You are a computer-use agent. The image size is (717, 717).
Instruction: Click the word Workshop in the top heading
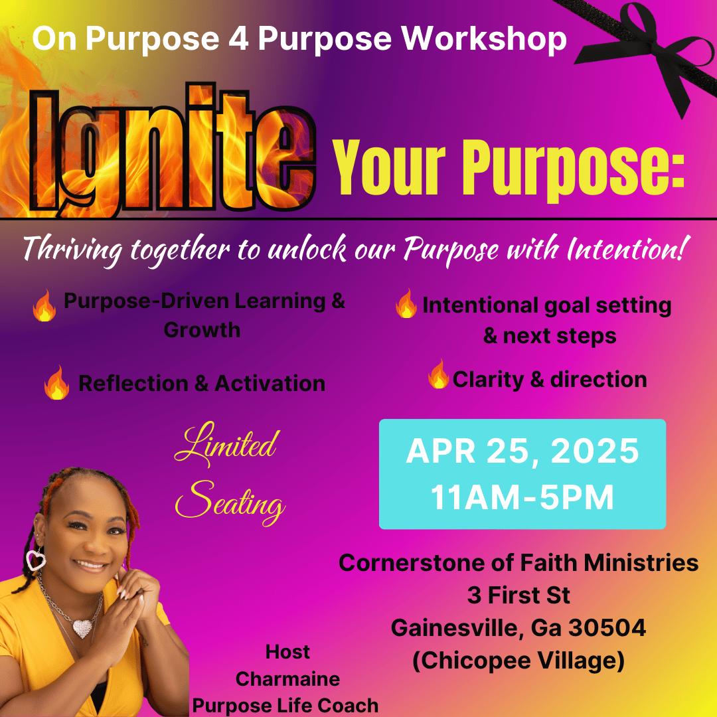pos(484,39)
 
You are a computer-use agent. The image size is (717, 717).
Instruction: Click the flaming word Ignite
pos(171,149)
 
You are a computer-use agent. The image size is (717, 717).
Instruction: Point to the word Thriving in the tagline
pos(72,250)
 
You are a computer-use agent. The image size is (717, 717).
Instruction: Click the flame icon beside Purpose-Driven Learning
pos(44,305)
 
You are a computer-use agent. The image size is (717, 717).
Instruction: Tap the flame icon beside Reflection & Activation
pos(56,382)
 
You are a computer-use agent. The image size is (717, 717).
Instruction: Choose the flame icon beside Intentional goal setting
pos(406,303)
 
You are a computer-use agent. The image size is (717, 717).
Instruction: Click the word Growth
pos(202,330)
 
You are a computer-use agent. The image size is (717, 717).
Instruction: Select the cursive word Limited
pos(226,443)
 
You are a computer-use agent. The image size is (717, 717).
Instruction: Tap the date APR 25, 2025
pos(522,451)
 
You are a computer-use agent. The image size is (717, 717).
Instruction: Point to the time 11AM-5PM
pos(522,497)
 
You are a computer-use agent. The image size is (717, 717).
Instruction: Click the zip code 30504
pos(607,628)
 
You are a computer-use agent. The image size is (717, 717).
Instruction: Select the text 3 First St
pos(518,596)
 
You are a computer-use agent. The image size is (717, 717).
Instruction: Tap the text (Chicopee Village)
pos(518,661)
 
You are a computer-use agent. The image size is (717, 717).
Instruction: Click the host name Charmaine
pos(287,679)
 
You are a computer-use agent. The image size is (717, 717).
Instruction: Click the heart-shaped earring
pos(36,559)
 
